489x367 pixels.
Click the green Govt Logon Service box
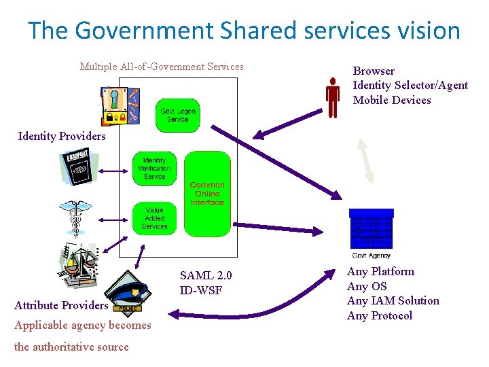point(178,115)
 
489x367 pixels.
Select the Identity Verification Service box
point(154,169)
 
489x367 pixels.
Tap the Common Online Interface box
point(207,194)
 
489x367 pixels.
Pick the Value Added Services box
point(154,218)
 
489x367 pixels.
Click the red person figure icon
point(332,98)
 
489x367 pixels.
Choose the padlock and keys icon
point(120,106)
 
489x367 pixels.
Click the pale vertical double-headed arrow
point(369,160)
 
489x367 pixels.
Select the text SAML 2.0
point(206,275)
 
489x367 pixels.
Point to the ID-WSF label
point(200,290)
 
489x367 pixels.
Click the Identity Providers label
point(62,136)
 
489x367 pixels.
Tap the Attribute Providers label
point(61,305)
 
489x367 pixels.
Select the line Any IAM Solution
point(393,300)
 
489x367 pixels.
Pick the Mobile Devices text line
point(392,100)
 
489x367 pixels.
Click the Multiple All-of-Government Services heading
point(162,67)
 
